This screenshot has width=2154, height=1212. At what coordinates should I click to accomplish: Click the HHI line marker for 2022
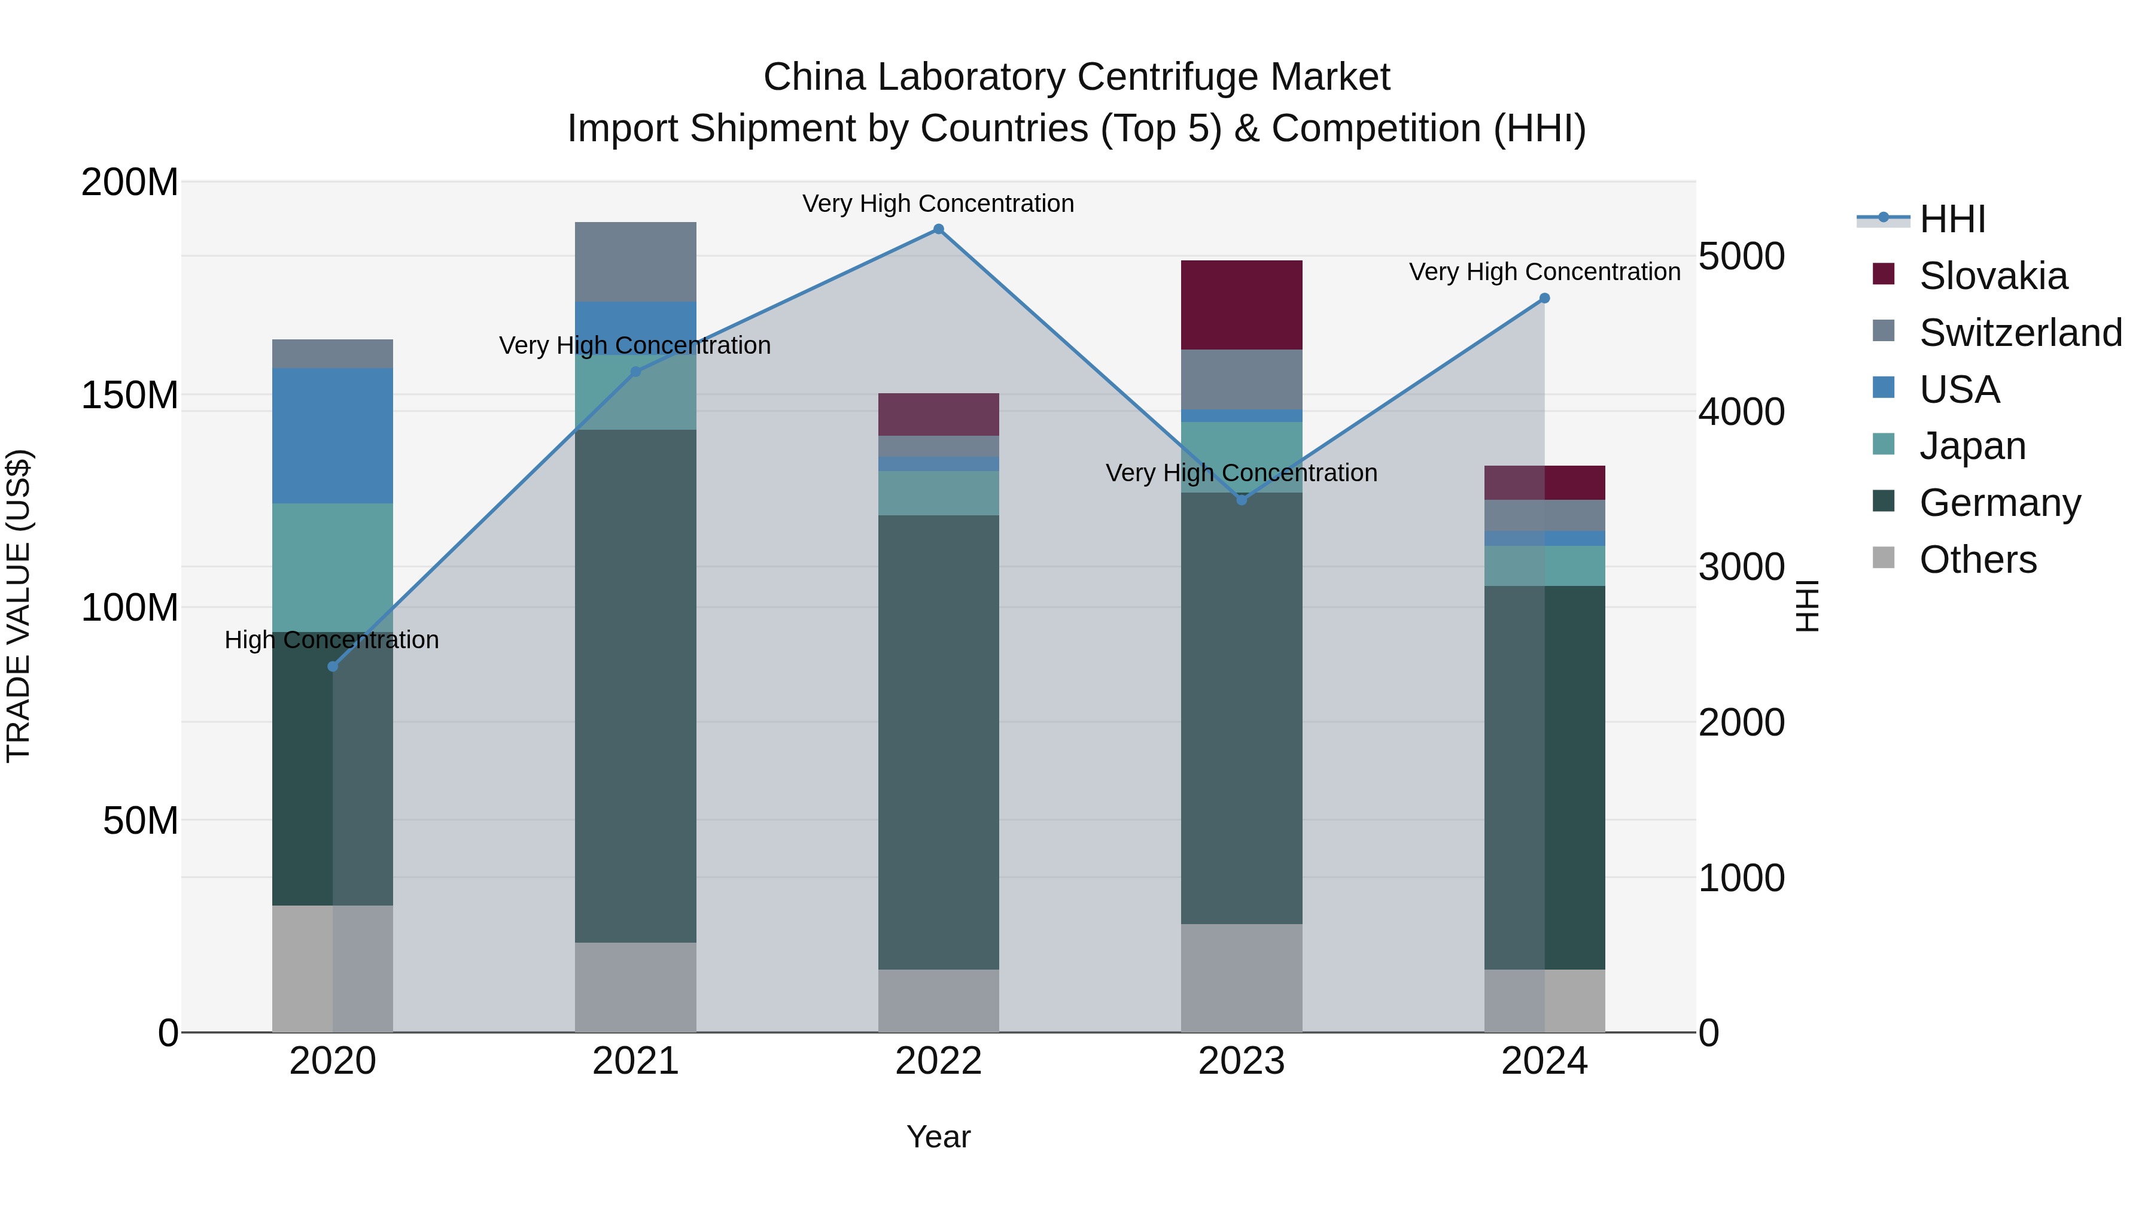point(938,229)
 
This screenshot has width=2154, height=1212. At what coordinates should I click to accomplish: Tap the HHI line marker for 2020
point(333,667)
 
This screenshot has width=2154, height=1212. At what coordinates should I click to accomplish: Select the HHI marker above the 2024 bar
point(1544,299)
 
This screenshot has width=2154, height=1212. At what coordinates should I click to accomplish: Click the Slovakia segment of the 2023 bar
point(1241,305)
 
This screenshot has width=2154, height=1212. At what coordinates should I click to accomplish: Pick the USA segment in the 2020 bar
point(333,435)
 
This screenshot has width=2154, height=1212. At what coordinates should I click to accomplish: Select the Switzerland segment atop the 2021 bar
point(635,262)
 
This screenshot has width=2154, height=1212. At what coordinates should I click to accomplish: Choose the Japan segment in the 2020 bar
point(333,567)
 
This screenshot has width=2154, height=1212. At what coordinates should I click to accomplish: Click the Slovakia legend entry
point(1992,276)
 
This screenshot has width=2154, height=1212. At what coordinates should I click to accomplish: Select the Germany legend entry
point(1999,503)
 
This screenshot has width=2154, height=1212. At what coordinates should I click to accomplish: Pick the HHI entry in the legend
point(1952,219)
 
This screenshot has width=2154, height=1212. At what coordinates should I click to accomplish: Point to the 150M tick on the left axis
point(130,395)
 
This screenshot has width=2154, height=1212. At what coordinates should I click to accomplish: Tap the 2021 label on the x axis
point(635,1061)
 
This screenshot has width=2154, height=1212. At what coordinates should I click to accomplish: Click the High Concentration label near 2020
point(332,640)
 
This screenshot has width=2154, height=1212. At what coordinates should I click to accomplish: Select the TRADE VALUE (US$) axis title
point(19,606)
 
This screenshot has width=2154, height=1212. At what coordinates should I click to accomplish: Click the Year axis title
point(938,1137)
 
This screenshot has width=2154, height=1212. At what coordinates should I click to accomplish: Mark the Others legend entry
point(1977,560)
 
